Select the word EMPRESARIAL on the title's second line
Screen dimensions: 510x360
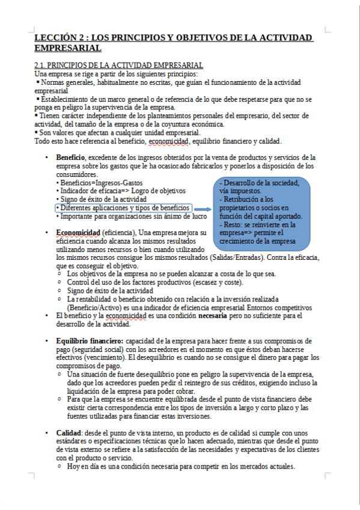tap(68, 48)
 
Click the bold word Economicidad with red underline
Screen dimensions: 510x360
tap(78, 232)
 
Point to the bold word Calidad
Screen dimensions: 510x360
tap(69, 433)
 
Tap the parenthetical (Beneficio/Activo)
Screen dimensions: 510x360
tap(99, 307)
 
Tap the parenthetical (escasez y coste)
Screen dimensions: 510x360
tap(212, 282)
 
